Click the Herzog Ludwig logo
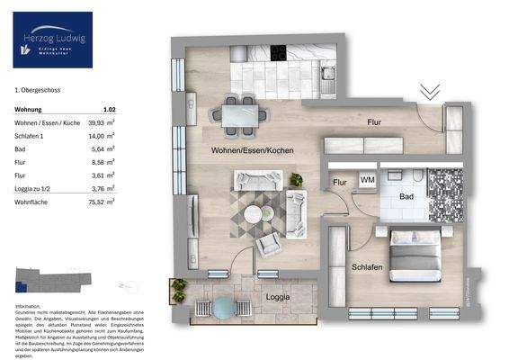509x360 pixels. [x=53, y=40]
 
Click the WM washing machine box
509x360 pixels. [x=367, y=180]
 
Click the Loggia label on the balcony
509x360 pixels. [x=277, y=295]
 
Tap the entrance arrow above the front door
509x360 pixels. [x=430, y=92]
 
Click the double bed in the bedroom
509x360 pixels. [x=414, y=252]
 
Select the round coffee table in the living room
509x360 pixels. [x=254, y=214]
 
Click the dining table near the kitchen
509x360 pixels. [x=239, y=113]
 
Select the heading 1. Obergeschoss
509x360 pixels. [x=38, y=90]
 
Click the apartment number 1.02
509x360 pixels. [x=109, y=107]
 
